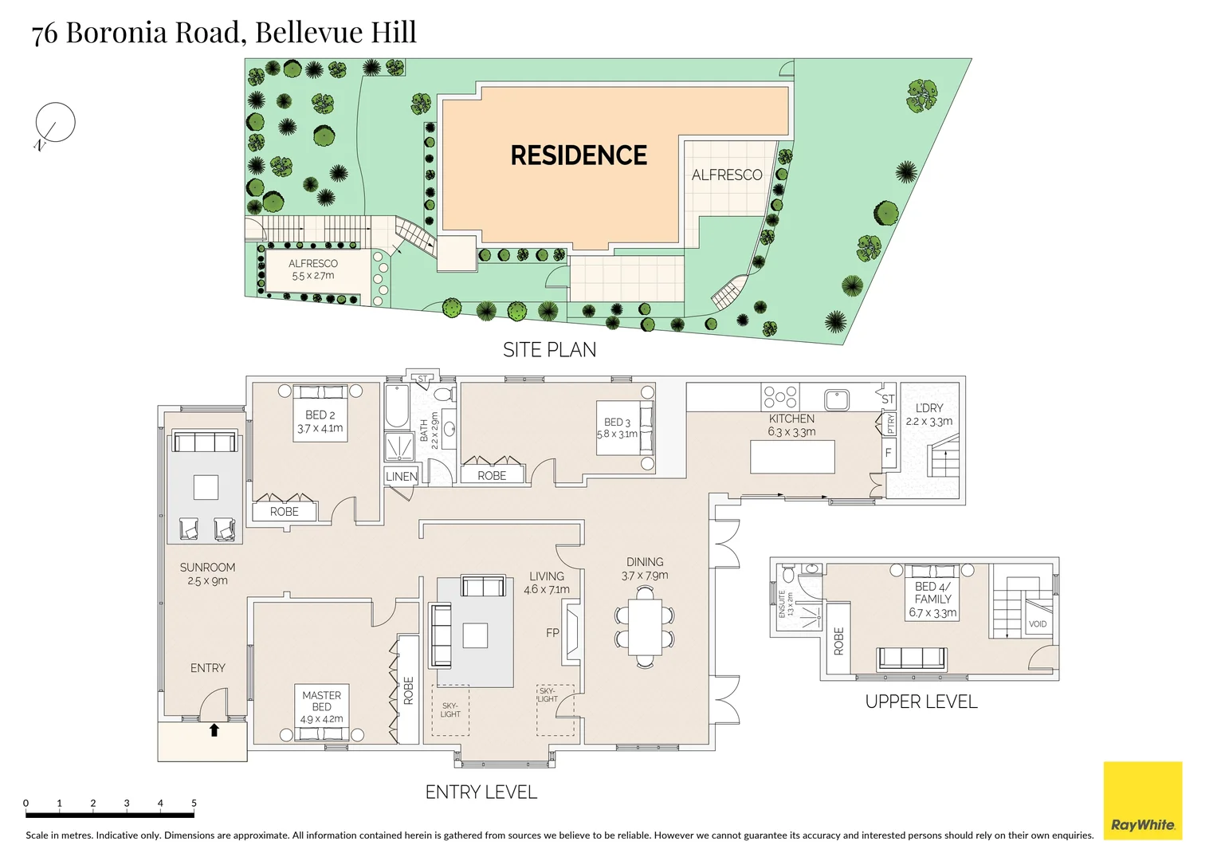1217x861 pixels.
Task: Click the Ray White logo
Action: click(1142, 800)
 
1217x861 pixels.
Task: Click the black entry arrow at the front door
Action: click(214, 729)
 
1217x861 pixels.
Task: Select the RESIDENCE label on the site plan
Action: click(579, 155)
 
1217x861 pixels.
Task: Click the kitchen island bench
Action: click(792, 457)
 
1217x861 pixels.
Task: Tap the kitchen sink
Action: click(836, 399)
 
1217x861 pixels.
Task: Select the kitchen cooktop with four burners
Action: click(780, 397)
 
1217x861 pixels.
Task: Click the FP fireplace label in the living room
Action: click(552, 633)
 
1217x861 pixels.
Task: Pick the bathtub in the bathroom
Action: click(397, 407)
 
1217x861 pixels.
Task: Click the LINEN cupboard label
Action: click(401, 477)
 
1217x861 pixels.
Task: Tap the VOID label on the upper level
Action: click(1037, 624)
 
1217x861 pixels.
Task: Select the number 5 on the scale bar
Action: click(194, 803)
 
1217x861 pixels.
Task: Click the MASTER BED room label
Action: click(321, 702)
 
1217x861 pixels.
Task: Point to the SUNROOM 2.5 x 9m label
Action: click(207, 574)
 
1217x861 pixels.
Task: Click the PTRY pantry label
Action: click(890, 423)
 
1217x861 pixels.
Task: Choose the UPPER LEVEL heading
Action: click(921, 702)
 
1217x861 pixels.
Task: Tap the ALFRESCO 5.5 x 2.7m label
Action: click(312, 269)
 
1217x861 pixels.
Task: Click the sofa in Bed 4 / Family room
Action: click(912, 659)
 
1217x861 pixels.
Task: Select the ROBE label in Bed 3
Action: click(492, 476)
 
